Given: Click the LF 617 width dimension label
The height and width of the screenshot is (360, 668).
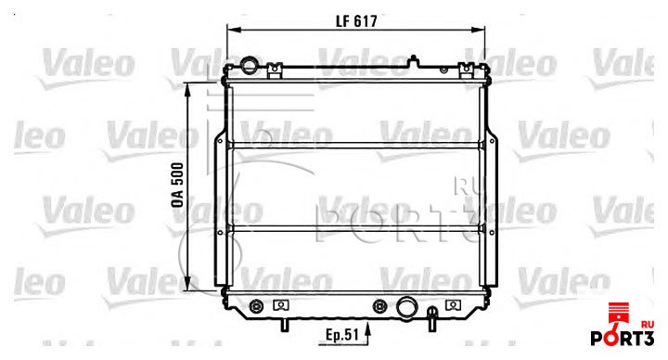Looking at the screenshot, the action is tap(356, 21).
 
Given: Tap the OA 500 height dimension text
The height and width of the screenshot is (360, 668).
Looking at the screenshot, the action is tap(177, 185).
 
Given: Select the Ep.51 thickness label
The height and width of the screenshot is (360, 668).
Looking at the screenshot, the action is tap(342, 334).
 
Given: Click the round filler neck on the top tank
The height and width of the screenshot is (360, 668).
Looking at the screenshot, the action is tap(249, 64).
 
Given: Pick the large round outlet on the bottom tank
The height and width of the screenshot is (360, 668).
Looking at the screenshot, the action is tap(406, 307).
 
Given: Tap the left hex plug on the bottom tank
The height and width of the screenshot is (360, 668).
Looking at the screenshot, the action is tap(256, 306).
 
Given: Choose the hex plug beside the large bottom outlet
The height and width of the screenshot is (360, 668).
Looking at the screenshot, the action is tap(379, 306).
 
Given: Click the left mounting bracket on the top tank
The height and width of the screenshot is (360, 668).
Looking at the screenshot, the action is tap(276, 71).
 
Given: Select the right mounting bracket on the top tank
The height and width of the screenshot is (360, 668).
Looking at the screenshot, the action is tap(467, 71).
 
